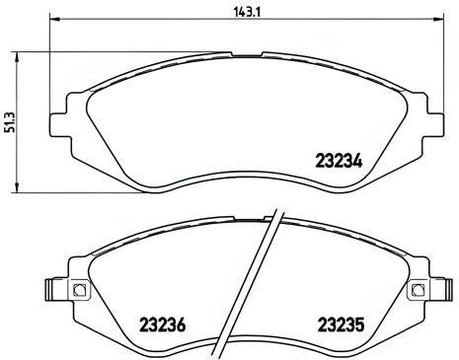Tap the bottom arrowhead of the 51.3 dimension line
click(x=19, y=190)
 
